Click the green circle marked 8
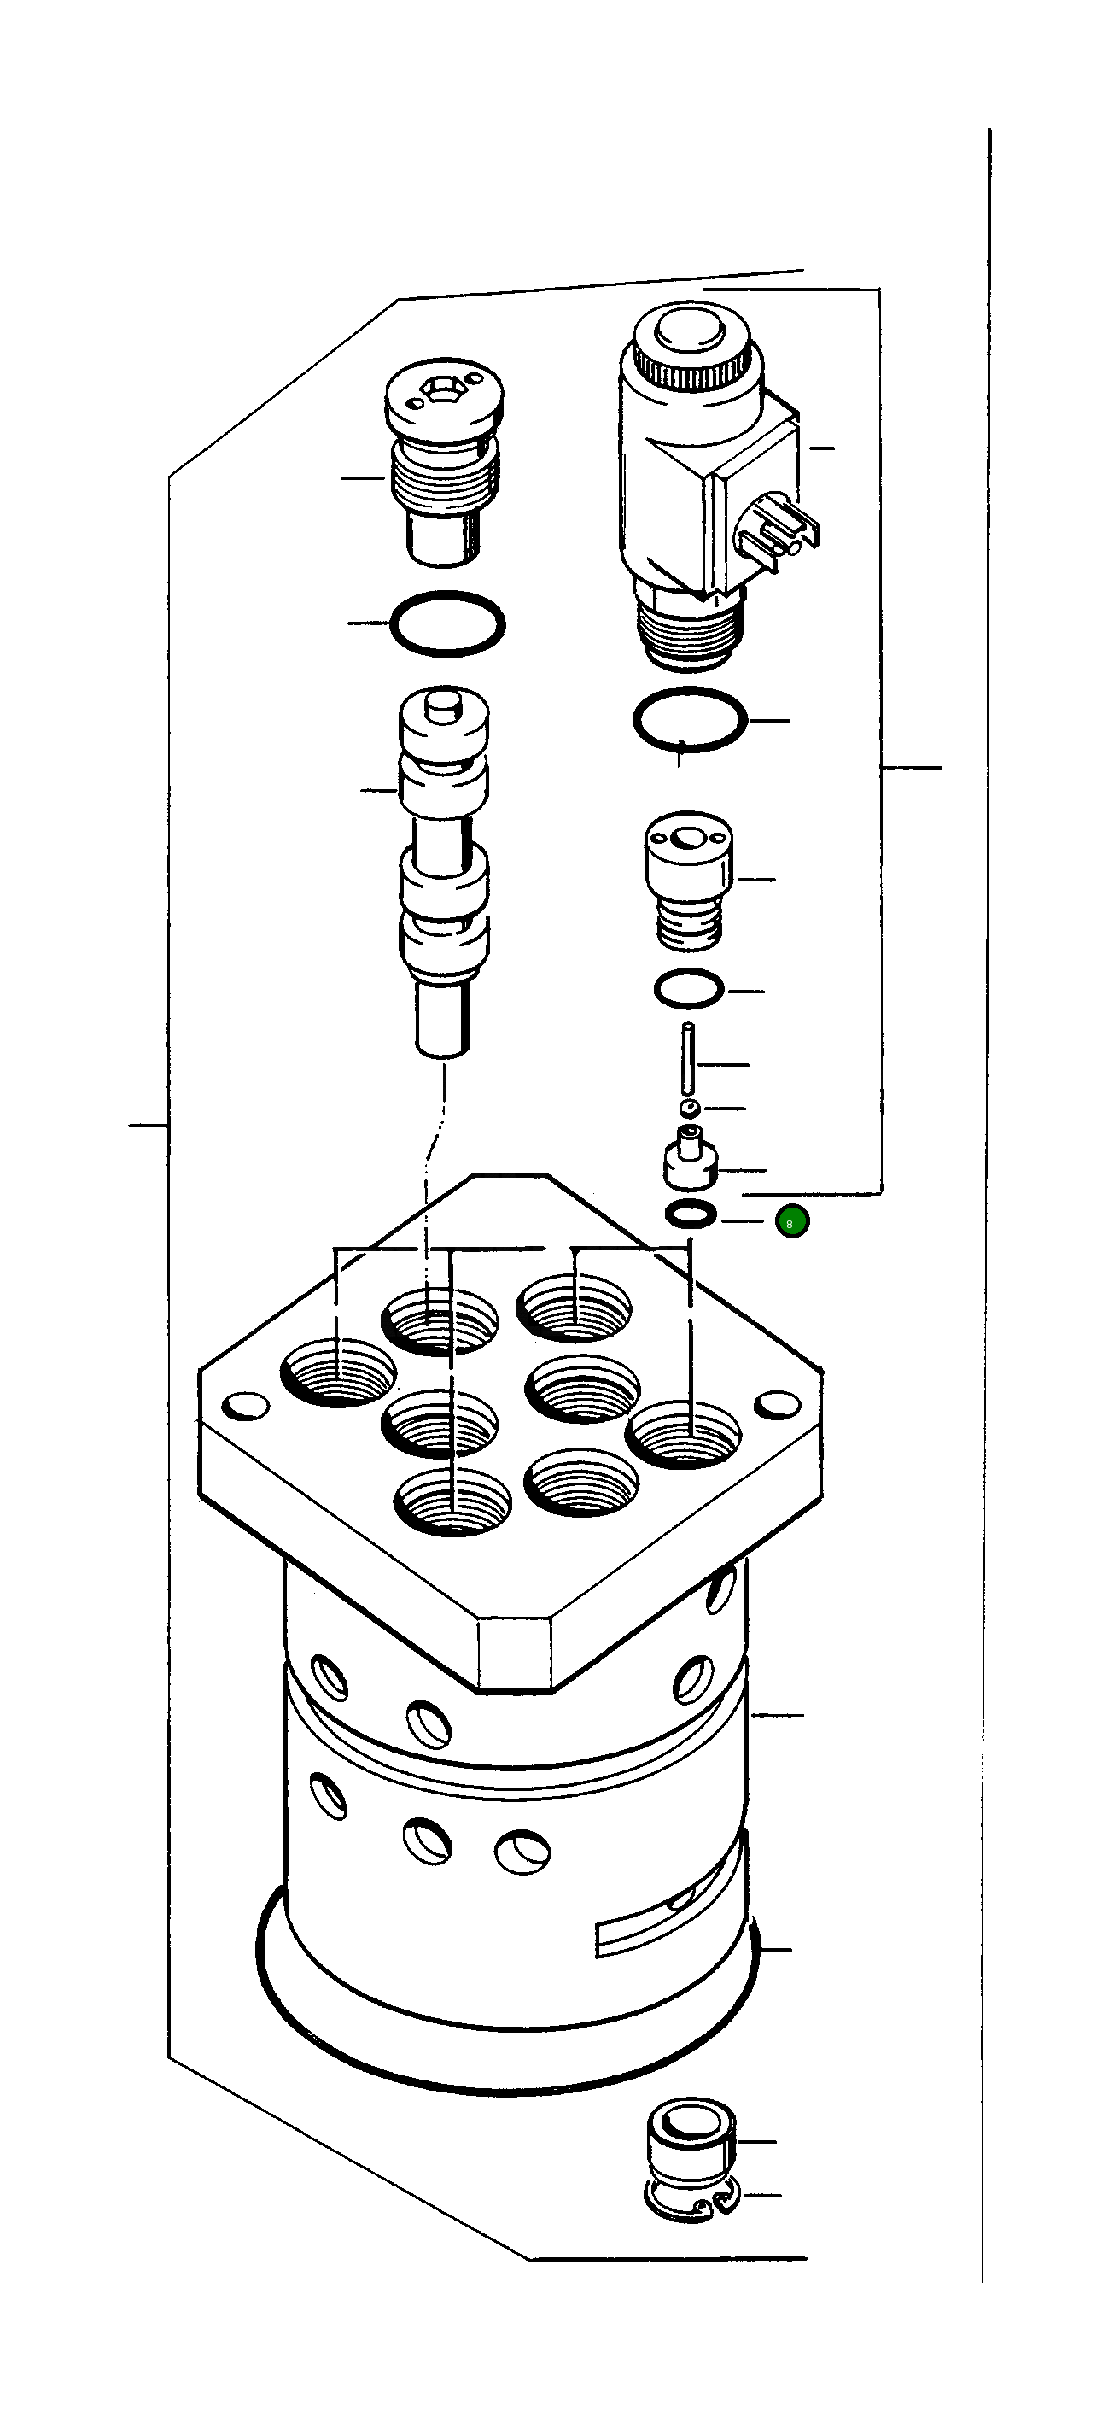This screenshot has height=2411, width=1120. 791,1222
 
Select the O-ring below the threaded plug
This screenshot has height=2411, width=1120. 447,624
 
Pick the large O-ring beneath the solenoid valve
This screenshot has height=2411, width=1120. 690,720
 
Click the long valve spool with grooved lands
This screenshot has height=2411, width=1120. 445,870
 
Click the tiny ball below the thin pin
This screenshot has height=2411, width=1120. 690,1109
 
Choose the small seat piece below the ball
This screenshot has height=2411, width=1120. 691,1161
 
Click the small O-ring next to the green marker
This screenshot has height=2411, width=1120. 691,1214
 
